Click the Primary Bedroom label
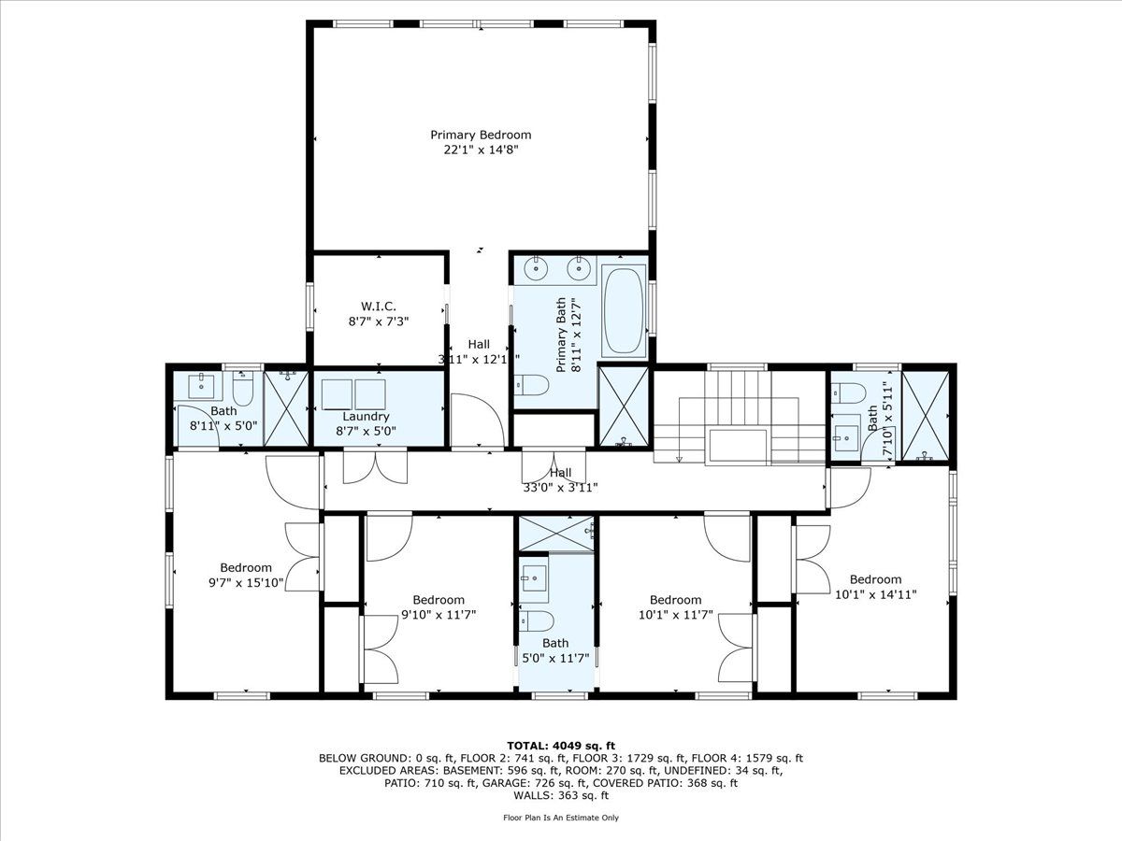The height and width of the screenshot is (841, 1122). pyautogui.click(x=481, y=135)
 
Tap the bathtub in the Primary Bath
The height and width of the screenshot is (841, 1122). pyautogui.click(x=624, y=310)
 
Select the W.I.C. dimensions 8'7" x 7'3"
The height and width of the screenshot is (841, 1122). pyautogui.click(x=379, y=321)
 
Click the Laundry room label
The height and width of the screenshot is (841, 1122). pyautogui.click(x=366, y=417)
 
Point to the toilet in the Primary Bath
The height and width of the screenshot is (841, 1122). pyautogui.click(x=530, y=384)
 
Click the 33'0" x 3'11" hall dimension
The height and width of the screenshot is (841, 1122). pyautogui.click(x=560, y=488)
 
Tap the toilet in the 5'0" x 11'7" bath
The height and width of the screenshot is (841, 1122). pyautogui.click(x=536, y=621)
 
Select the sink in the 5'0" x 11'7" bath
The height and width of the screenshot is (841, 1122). pyautogui.click(x=534, y=582)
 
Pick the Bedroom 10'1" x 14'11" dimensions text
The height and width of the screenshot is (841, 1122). pyautogui.click(x=875, y=595)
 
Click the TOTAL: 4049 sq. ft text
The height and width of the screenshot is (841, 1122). pyautogui.click(x=561, y=746)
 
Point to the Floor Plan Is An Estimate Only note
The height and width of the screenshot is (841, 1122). pyautogui.click(x=561, y=818)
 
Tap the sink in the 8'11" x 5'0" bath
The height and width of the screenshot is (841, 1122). pyautogui.click(x=201, y=387)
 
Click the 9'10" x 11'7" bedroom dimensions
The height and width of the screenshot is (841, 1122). pyautogui.click(x=439, y=615)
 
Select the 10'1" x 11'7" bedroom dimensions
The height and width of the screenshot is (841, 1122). pyautogui.click(x=676, y=615)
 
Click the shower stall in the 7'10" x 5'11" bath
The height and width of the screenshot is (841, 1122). pyautogui.click(x=926, y=416)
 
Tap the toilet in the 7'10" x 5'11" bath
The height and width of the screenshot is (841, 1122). pyautogui.click(x=847, y=393)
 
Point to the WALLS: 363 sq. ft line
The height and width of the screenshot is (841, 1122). pyautogui.click(x=561, y=795)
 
